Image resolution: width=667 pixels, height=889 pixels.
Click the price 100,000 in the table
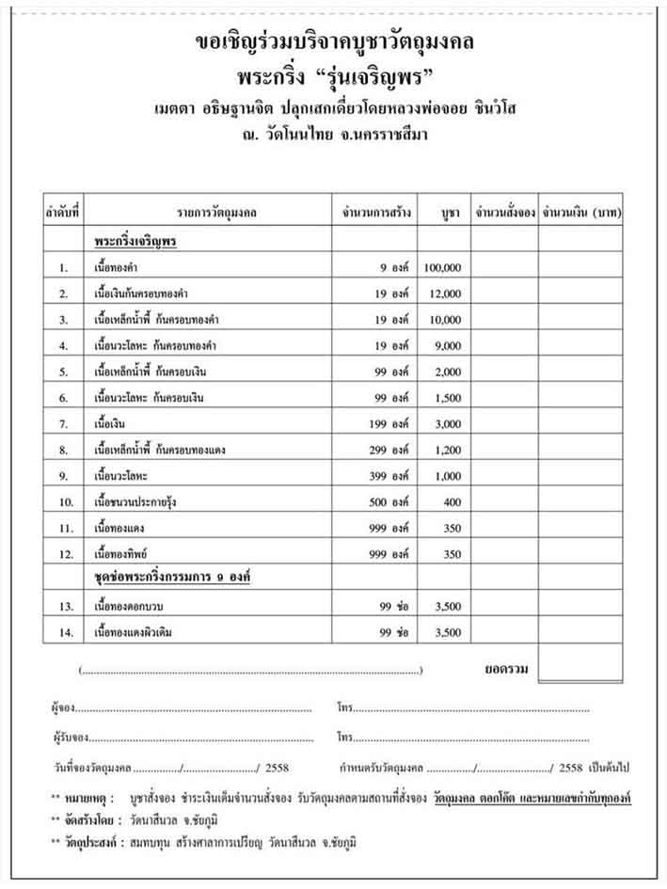point(441,268)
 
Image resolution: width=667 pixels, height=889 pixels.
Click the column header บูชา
point(449,214)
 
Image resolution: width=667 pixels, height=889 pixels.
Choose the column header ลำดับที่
point(63,214)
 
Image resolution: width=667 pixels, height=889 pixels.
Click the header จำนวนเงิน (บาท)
point(581,214)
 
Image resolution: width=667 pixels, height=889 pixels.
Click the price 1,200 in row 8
point(448,451)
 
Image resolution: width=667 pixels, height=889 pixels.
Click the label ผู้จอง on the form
point(61,706)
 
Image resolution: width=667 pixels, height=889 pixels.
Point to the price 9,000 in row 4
point(448,346)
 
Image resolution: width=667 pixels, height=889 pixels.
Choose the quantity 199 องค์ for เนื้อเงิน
point(389,424)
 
